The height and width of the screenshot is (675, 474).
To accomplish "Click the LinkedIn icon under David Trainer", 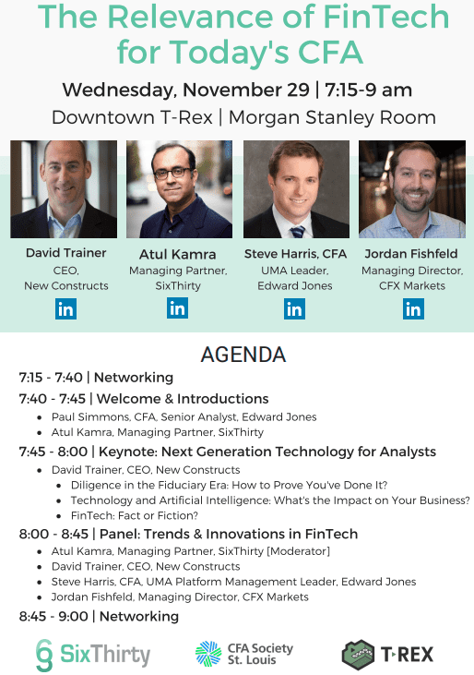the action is [65, 309].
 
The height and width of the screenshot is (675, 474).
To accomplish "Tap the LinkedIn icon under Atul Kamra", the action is [177, 307].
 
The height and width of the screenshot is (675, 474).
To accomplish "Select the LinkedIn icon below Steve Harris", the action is [294, 309].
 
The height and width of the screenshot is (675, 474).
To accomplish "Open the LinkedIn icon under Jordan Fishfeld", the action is [413, 309].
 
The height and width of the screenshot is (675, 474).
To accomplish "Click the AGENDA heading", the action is [243, 355].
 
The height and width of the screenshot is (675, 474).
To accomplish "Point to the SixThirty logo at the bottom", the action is [93, 655].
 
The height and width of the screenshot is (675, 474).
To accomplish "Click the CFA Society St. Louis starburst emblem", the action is [208, 654].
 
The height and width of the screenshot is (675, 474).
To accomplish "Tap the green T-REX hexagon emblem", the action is [358, 655].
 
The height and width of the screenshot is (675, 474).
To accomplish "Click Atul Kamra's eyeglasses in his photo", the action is [172, 174].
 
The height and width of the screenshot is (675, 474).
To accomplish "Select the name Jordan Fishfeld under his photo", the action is [411, 254].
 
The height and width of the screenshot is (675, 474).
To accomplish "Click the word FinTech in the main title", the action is [385, 17].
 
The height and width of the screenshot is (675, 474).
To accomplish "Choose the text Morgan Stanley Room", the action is [332, 117].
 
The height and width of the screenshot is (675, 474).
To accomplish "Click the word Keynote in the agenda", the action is [126, 452].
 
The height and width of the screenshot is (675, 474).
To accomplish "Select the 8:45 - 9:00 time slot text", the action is [53, 616].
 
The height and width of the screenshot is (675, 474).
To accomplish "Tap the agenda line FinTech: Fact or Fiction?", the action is [135, 516].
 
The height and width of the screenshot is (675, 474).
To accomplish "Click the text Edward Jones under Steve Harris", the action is [295, 286].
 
